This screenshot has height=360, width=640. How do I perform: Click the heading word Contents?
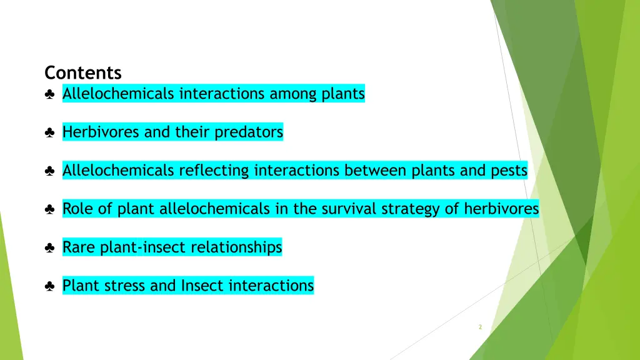83,73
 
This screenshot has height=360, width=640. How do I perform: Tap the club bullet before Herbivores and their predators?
49,132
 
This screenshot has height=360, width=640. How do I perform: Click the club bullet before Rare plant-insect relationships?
49,248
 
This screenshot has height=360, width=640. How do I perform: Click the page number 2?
479,327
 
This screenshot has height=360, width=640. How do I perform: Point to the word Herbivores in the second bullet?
101,132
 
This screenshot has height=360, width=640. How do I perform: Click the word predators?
249,132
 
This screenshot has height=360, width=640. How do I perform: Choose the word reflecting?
214,171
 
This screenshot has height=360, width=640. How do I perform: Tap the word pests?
509,171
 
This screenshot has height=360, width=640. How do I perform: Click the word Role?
78,209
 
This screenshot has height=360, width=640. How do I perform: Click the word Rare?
79,247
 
